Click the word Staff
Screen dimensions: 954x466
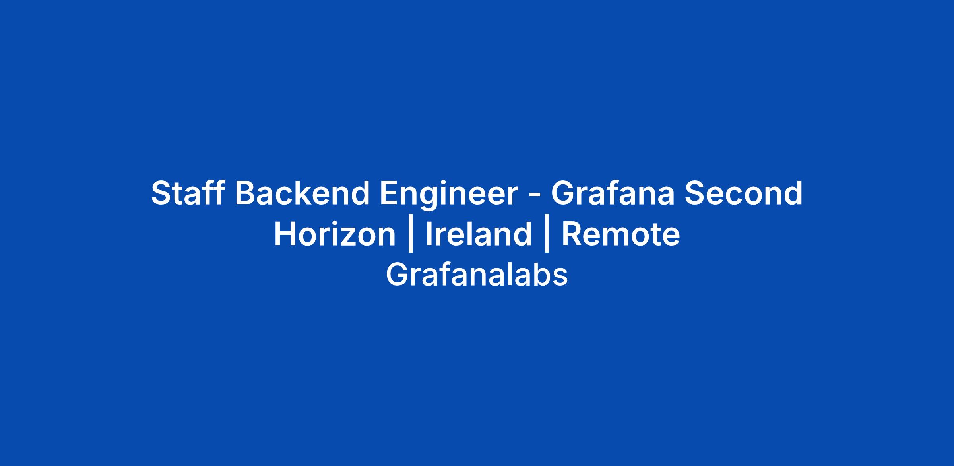click(x=187, y=193)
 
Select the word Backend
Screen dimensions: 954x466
click(x=302, y=193)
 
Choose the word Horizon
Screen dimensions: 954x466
click(x=335, y=234)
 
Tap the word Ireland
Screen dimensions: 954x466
click(x=479, y=234)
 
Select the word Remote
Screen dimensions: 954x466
click(x=620, y=234)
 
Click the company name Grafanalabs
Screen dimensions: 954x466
click(x=477, y=275)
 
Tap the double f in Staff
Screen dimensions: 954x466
click(x=210, y=193)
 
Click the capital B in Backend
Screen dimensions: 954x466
click(x=246, y=193)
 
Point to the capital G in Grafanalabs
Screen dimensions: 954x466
click(x=397, y=275)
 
